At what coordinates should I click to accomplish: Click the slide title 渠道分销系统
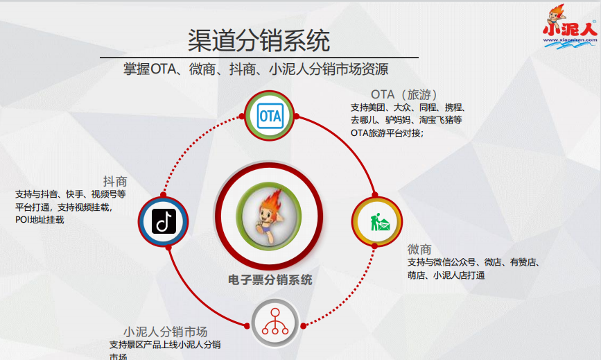point(259,40)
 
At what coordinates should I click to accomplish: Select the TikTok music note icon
point(163,222)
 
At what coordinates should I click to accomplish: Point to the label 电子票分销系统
point(270,280)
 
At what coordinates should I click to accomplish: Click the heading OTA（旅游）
point(403,94)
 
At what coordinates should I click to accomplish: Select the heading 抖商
point(115,181)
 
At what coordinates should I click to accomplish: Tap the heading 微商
point(419,249)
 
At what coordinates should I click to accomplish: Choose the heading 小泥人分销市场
point(166,332)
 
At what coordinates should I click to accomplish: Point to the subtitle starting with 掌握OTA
point(256,69)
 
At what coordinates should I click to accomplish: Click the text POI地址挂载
point(40,219)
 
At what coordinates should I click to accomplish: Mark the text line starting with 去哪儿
point(406,120)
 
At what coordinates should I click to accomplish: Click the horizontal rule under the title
point(259,57)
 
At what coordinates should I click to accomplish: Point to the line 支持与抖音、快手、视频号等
point(70,194)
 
